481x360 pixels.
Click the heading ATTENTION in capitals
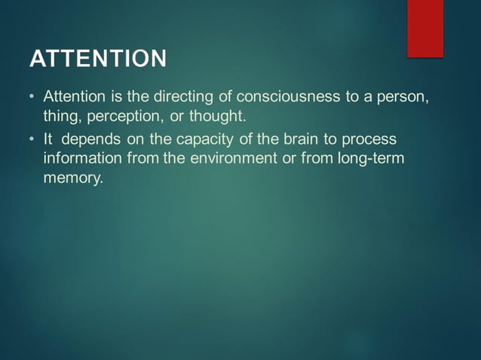pyautogui.click(x=97, y=59)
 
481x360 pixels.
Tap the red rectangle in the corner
pyautogui.click(x=425, y=28)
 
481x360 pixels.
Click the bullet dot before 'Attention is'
pyautogui.click(x=32, y=99)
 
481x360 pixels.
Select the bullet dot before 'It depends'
pyautogui.click(x=32, y=140)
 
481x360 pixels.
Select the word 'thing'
pyautogui.click(x=61, y=117)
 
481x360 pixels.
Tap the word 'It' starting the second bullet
pyautogui.click(x=48, y=139)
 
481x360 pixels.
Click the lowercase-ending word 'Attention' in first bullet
pyautogui.click(x=74, y=98)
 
